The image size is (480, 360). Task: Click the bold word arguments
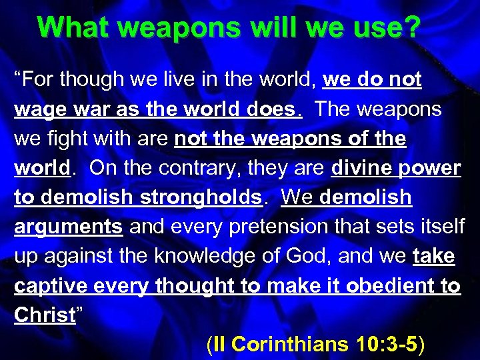click(69, 227)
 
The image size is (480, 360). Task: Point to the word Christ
click(45, 315)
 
